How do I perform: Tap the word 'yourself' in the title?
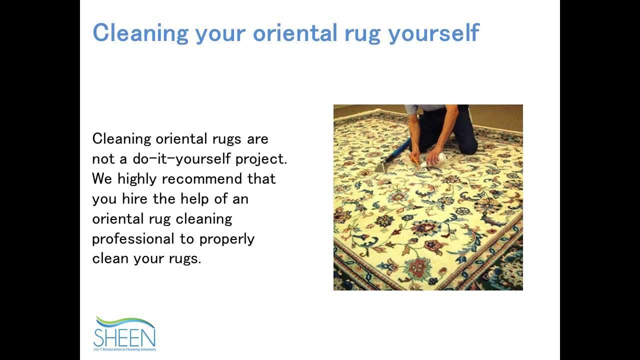pos(433,33)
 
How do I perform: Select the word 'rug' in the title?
pos(362,33)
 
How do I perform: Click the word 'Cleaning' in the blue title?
pos(140,33)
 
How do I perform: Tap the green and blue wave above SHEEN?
pos(125,321)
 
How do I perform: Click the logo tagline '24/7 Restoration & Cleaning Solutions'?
pos(125,349)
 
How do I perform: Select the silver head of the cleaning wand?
pos(382,167)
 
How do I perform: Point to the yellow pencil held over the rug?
pos(414,160)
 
